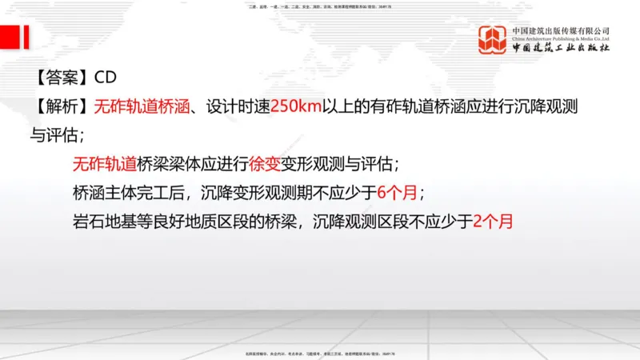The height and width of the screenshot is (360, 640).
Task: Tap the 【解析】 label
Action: point(61,106)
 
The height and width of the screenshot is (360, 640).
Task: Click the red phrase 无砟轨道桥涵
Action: point(141,106)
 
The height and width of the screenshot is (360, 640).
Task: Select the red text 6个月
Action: point(395,193)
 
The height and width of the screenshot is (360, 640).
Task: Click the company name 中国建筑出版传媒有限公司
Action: point(561,30)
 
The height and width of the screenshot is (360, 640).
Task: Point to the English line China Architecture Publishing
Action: point(561,38)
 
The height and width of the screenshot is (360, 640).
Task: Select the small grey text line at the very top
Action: point(320,6)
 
